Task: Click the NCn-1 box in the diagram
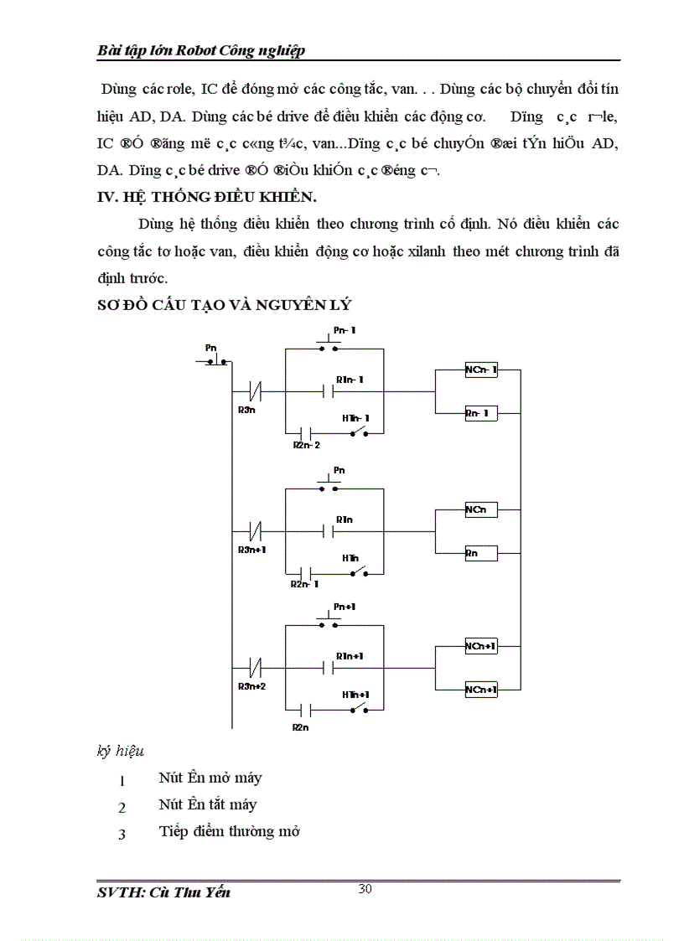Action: coord(481,370)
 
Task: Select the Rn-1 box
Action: coord(481,413)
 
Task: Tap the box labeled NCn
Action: coord(481,509)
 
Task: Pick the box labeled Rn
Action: coord(481,553)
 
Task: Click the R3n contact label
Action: coord(247,410)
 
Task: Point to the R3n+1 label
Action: coord(251,550)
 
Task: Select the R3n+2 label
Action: coord(251,685)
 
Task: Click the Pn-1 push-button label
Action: coord(345,331)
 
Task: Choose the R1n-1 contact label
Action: coord(349,380)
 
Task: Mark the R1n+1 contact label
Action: coord(349,655)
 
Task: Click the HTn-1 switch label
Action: coord(355,417)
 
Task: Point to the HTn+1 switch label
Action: coord(355,695)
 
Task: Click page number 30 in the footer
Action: coord(365,889)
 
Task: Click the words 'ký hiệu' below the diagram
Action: coord(121,751)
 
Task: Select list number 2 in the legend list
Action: coord(122,808)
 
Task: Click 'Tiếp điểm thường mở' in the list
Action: coord(229,831)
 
